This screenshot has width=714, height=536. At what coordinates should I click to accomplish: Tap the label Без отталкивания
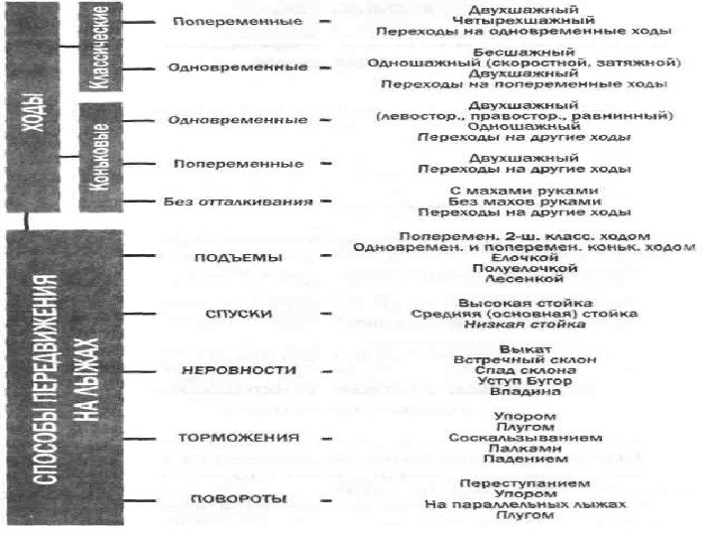tap(238, 201)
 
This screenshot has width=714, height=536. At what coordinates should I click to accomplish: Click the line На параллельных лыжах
tap(526, 504)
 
